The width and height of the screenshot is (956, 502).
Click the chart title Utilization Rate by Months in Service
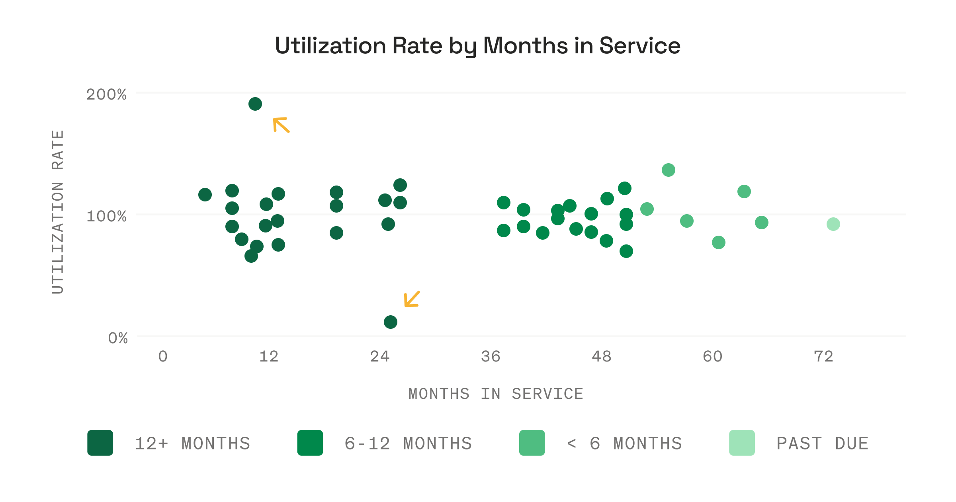click(477, 45)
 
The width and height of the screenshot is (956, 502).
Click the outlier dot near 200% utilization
click(255, 104)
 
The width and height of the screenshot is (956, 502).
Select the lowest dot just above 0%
click(391, 322)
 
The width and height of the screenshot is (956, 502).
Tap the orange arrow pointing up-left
click(281, 125)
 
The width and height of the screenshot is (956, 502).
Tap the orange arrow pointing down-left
click(412, 299)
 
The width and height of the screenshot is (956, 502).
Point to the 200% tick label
click(106, 95)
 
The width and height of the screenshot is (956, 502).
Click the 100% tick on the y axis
click(106, 217)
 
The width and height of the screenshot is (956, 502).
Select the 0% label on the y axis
click(118, 338)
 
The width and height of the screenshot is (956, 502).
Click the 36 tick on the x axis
click(491, 357)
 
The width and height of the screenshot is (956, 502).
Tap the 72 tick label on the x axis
click(823, 357)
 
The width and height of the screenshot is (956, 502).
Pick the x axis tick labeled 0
click(163, 357)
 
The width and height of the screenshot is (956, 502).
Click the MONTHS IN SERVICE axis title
click(496, 394)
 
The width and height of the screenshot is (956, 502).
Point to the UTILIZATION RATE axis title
click(58, 212)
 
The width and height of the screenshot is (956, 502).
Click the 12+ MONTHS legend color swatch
click(100, 443)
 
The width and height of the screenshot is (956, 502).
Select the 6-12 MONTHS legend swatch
click(310, 443)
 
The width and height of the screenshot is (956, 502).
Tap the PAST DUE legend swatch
click(742, 443)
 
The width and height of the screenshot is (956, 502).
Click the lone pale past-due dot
click(833, 225)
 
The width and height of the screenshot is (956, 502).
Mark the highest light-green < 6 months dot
click(669, 170)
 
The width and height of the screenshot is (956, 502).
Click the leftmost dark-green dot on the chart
click(205, 195)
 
